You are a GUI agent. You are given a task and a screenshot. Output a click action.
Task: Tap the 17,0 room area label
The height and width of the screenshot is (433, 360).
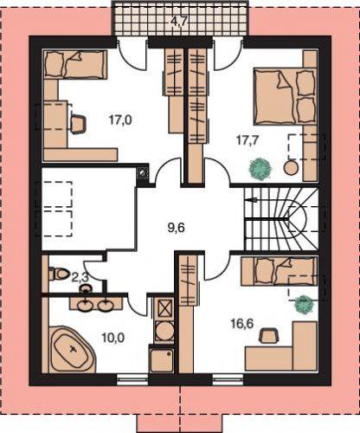(120, 120)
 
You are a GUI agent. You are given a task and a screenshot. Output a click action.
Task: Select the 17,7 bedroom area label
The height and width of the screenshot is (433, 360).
(247, 140)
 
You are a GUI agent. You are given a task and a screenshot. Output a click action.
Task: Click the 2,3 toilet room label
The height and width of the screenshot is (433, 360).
(80, 278)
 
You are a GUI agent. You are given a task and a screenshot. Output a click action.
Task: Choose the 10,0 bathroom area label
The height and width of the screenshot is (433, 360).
(113, 337)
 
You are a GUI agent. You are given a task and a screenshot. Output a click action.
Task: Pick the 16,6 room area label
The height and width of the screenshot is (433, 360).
(241, 324)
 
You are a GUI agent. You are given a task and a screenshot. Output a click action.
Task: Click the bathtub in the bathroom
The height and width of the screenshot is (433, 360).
(73, 350)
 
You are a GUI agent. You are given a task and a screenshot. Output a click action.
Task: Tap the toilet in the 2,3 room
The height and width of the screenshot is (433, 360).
(59, 274)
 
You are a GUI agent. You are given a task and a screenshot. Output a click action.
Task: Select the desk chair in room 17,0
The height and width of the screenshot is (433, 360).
(78, 124)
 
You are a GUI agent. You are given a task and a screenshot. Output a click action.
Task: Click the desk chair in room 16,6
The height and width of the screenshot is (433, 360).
(268, 335)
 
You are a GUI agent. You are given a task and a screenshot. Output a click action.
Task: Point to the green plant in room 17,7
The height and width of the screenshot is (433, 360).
(260, 169)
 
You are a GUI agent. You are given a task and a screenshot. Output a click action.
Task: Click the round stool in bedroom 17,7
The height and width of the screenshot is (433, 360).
(292, 167)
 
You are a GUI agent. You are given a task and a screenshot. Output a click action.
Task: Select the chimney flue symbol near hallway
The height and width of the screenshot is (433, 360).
(142, 173)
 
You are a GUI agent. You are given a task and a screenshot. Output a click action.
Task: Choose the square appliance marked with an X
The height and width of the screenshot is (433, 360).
(164, 309)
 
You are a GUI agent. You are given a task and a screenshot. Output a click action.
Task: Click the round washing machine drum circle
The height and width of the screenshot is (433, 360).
(164, 332)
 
